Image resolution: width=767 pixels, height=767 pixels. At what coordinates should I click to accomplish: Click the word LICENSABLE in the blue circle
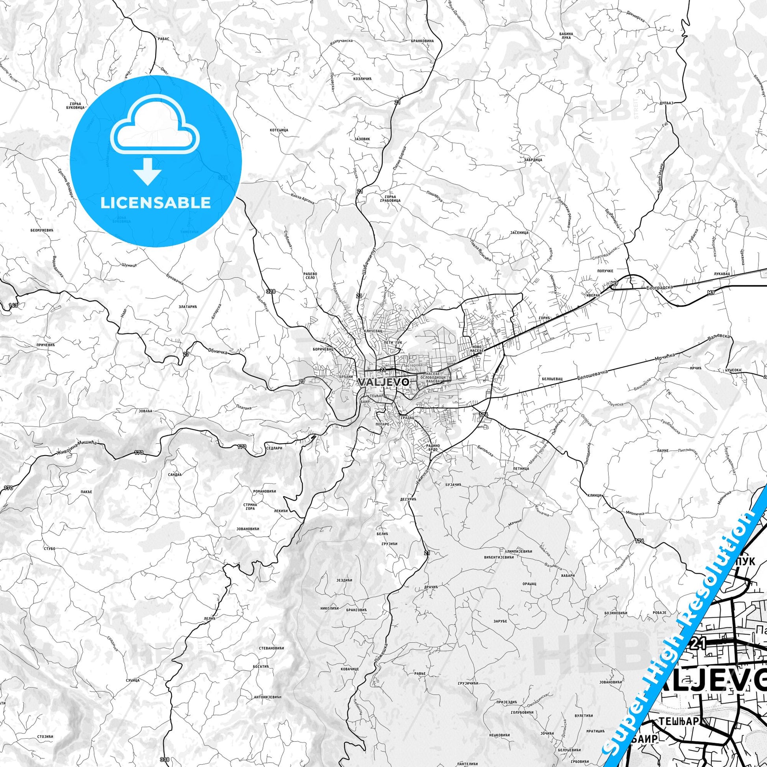pos(155,203)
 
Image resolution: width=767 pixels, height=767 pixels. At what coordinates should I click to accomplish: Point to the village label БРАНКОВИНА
pos(423,41)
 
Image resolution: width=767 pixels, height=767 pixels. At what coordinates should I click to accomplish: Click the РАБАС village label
pos(164,39)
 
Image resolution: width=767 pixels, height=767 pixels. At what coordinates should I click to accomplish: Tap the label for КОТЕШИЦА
pos(279,130)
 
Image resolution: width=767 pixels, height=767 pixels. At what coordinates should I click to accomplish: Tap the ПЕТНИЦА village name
pos(521,469)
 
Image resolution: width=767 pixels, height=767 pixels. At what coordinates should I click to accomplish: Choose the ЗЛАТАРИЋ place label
pos(188,307)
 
